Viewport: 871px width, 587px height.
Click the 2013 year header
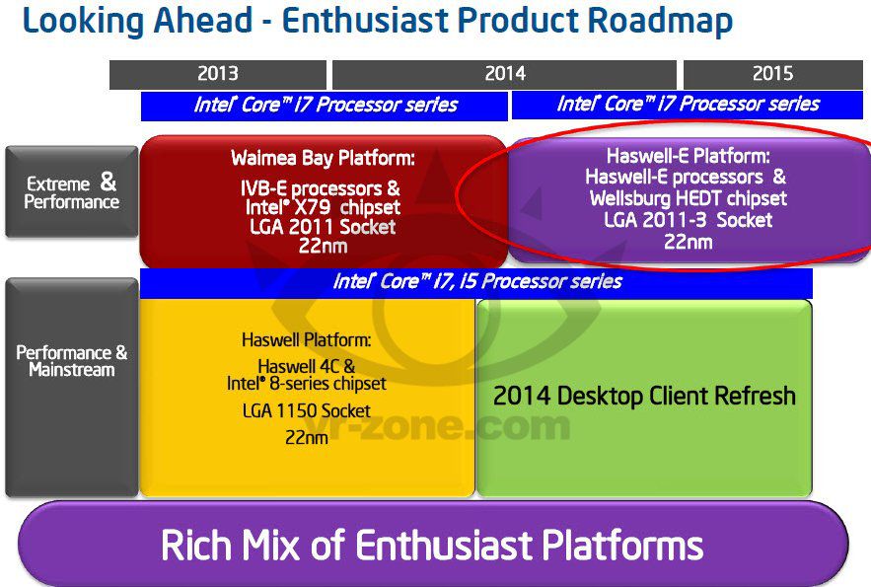pos(217,74)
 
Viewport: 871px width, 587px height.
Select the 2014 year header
pos(504,74)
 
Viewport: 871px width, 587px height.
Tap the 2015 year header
pos(773,74)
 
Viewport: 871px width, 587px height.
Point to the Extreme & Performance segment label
pos(72,192)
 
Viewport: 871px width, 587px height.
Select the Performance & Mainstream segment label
pos(72,361)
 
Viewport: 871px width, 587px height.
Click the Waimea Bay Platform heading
pos(323,158)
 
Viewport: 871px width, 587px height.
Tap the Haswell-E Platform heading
pos(688,156)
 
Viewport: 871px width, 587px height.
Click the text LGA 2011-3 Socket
pos(688,220)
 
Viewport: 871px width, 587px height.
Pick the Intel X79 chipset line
pos(323,207)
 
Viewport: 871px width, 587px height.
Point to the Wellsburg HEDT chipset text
pos(688,198)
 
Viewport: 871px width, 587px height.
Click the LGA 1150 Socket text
pos(306,410)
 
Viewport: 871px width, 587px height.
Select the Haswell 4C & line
pos(306,365)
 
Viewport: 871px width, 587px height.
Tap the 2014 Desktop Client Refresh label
pos(644,397)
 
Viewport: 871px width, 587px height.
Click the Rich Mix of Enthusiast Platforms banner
pos(432,545)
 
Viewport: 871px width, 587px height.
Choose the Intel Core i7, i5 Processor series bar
pos(476,282)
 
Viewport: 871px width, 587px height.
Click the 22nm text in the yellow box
pos(306,436)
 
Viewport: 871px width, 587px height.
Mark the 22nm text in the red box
pos(323,247)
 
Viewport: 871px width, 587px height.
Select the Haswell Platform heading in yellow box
pos(306,340)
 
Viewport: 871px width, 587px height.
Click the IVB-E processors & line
pos(323,187)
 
